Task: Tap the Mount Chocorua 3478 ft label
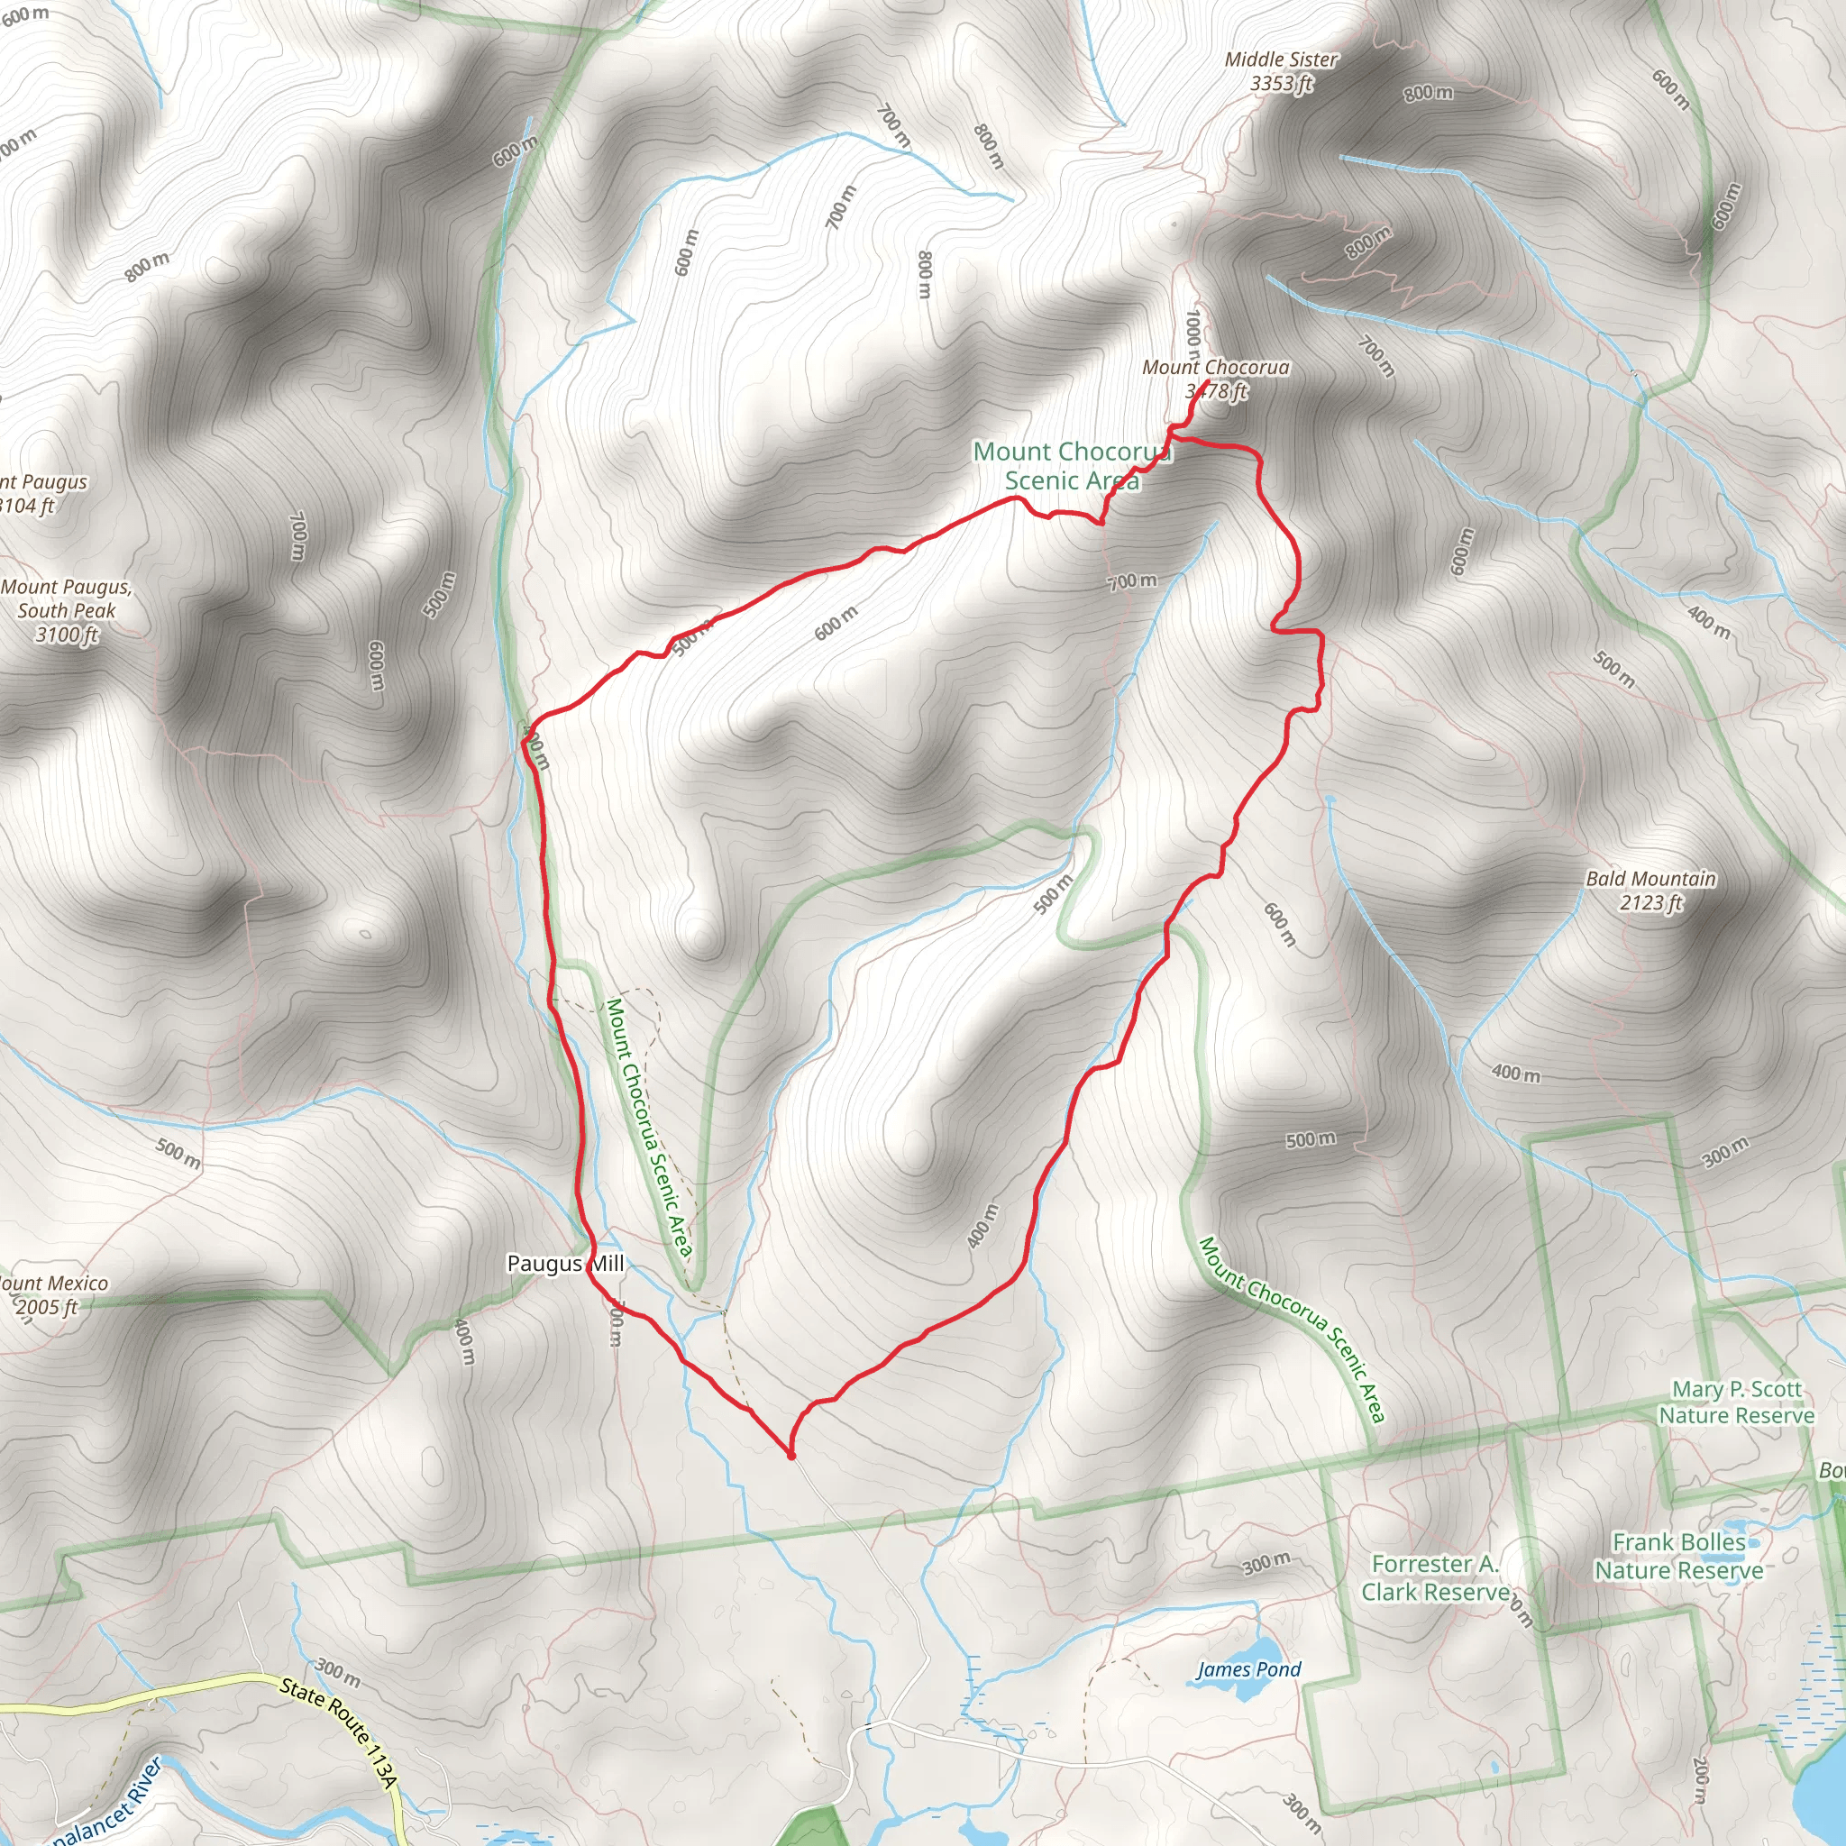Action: pos(1215,379)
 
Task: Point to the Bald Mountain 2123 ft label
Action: pos(1651,891)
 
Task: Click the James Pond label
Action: pos(1248,1669)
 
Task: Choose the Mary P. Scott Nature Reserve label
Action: pos(1736,1403)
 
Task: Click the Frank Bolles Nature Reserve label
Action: pos(1678,1557)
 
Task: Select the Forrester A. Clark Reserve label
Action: pos(1436,1577)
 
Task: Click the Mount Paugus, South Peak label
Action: pos(67,610)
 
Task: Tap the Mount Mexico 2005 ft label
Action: pos(52,1294)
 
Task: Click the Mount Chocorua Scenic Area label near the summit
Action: pos(1071,466)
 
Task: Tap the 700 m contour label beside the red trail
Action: pos(1132,581)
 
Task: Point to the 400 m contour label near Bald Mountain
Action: pos(1515,1073)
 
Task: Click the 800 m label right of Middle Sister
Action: pos(1429,93)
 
